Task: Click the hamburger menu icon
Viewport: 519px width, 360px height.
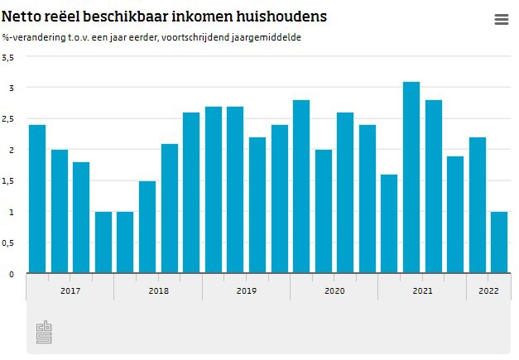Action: (501, 20)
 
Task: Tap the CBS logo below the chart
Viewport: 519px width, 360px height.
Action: (44, 332)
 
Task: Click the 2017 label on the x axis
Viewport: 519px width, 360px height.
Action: (70, 290)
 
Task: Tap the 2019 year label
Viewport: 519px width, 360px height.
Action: (246, 290)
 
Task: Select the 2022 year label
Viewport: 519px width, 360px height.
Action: (488, 290)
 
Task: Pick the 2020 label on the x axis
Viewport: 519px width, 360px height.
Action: (334, 290)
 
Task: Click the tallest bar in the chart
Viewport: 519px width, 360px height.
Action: (411, 177)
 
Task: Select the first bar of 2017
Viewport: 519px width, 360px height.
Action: (37, 199)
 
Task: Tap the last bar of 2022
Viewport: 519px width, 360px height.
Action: (499, 242)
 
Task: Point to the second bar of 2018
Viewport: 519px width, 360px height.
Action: (147, 227)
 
